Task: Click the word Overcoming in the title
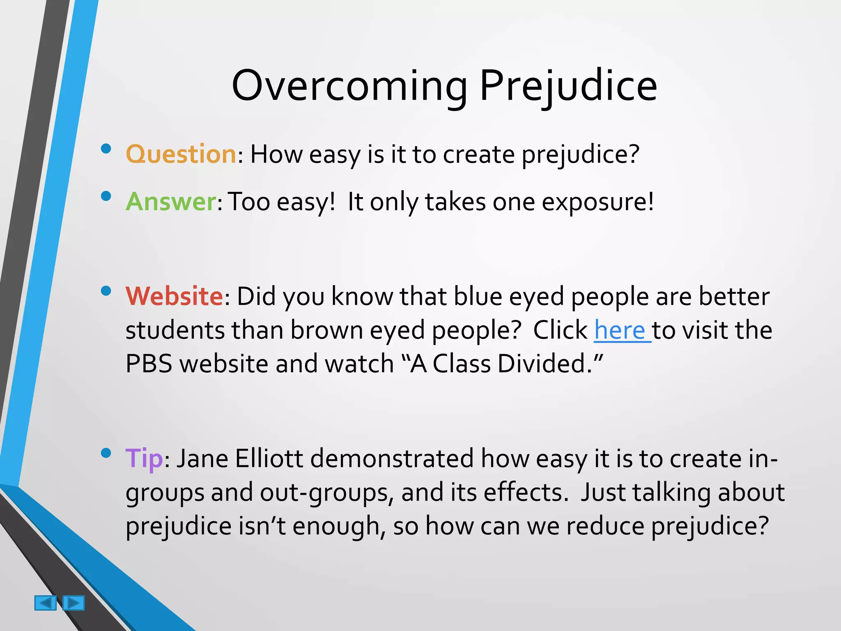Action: point(349,86)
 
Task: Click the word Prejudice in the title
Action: point(568,86)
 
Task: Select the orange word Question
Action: point(181,154)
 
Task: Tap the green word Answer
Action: point(170,202)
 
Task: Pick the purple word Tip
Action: point(144,458)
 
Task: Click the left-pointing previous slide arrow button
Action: point(45,603)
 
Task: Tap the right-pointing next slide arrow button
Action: point(74,603)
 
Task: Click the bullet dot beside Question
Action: point(106,148)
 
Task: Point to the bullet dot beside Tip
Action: point(106,453)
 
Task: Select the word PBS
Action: point(149,364)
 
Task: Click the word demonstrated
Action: point(392,458)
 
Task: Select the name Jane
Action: point(202,458)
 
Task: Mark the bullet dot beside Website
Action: point(106,291)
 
